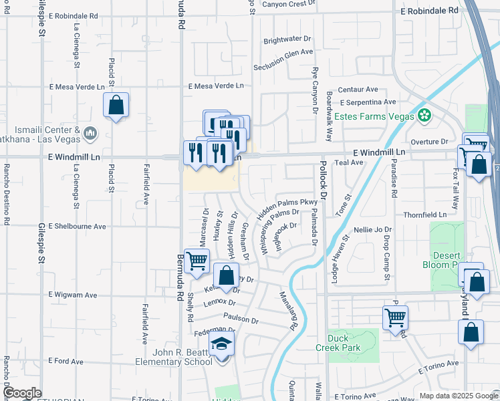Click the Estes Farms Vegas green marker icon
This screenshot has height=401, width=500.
point(422,115)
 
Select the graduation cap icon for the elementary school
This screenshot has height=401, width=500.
point(221,346)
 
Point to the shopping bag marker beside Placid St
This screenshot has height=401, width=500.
point(116,105)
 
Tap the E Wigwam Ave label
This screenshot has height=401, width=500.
point(73,295)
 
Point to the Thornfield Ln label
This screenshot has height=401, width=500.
point(424,215)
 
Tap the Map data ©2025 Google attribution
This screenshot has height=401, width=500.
point(458,396)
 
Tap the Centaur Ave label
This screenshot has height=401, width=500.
point(358,89)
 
